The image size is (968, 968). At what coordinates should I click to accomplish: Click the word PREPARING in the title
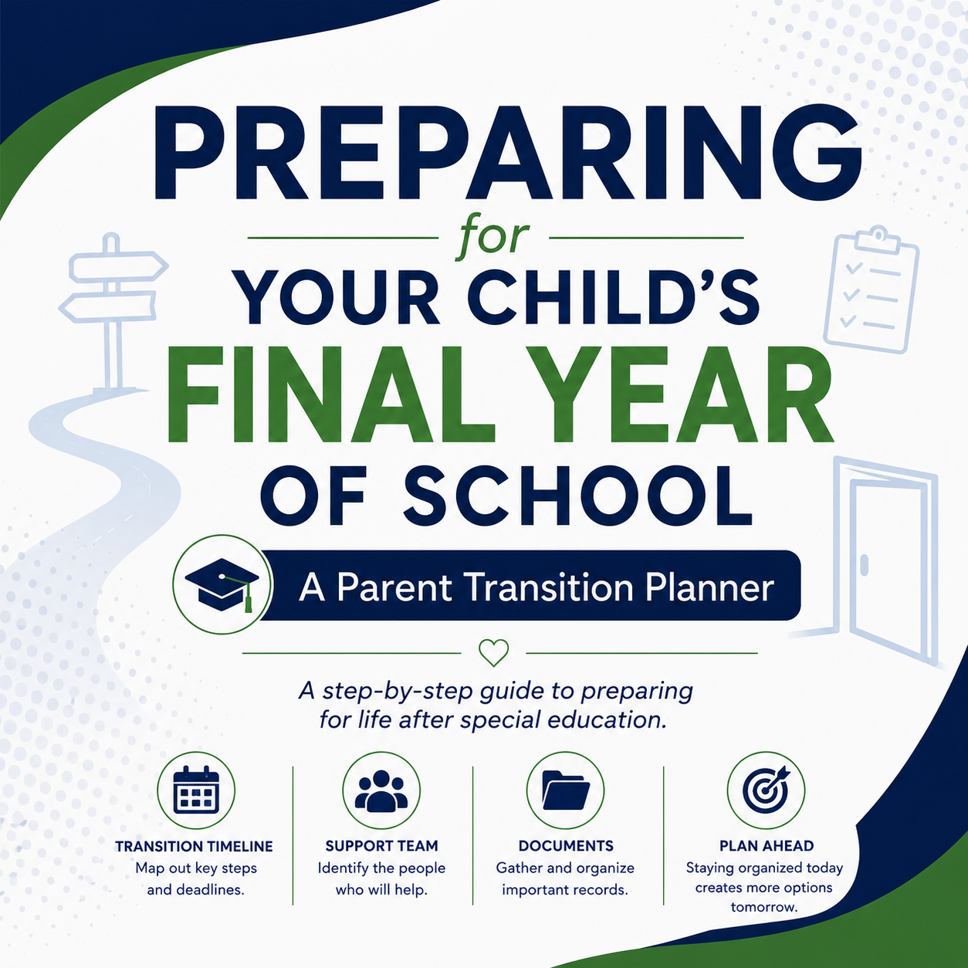[507, 152]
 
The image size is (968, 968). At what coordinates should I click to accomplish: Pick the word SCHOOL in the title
[577, 494]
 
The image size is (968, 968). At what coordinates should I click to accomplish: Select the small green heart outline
[494, 652]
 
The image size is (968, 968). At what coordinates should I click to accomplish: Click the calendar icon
[196, 790]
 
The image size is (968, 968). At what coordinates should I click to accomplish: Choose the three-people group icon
[381, 791]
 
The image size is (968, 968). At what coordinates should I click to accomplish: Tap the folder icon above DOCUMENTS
[566, 790]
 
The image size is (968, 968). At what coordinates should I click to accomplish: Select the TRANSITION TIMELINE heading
[194, 847]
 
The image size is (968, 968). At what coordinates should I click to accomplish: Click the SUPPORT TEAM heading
[382, 846]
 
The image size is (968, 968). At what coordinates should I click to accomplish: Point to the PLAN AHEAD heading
[767, 846]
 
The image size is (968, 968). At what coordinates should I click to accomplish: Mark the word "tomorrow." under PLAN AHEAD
[764, 907]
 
